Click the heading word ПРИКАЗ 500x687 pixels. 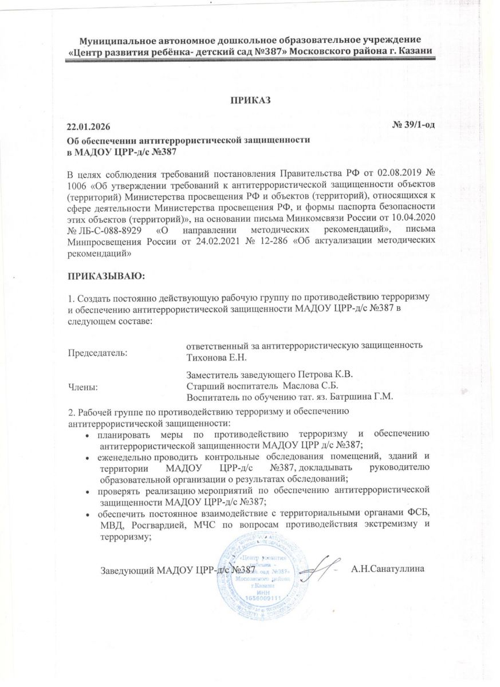[250, 100]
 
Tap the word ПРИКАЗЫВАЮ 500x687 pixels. [107, 276]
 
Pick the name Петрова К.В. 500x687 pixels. [325, 374]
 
